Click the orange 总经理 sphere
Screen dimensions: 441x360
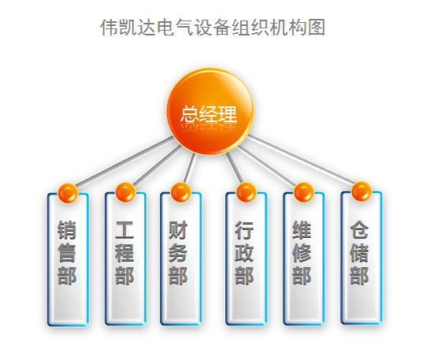pyautogui.click(x=210, y=112)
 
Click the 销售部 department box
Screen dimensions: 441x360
pyautogui.click(x=68, y=259)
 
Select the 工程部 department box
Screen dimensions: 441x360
pyautogui.click(x=126, y=258)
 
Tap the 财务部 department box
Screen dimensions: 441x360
pyautogui.click(x=181, y=258)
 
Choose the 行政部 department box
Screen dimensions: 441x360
pyautogui.click(x=246, y=258)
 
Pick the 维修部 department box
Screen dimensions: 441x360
pyautogui.click(x=304, y=258)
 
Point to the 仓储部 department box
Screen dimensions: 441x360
pyautogui.click(x=361, y=258)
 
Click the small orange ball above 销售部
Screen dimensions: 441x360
pyautogui.click(x=68, y=193)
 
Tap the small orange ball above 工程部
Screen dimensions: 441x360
pyautogui.click(x=125, y=192)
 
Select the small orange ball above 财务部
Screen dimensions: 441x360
pyautogui.click(x=180, y=192)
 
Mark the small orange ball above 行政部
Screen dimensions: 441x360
pyautogui.click(x=246, y=192)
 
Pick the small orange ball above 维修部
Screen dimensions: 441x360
pyautogui.click(x=303, y=192)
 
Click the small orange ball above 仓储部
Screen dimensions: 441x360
pyautogui.click(x=361, y=191)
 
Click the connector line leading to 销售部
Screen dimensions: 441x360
pyautogui.click(x=124, y=162)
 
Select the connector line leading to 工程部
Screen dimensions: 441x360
pyautogui.click(x=157, y=165)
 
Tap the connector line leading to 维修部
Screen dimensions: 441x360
pyautogui.click(x=267, y=166)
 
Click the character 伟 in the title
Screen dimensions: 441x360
pyautogui.click(x=109, y=28)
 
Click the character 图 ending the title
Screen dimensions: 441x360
pyautogui.click(x=317, y=28)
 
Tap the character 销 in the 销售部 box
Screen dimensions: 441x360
pyautogui.click(x=67, y=230)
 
